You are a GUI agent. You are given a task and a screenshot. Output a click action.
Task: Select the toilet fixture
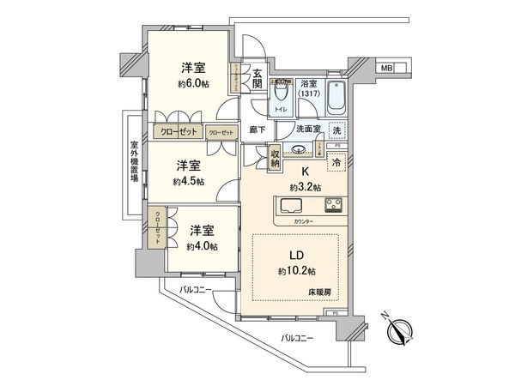(280, 98)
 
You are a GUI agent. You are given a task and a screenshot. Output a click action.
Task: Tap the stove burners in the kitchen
(331, 207)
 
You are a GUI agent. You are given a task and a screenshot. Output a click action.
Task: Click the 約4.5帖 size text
(187, 182)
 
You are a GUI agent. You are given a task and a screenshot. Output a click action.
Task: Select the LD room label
(294, 256)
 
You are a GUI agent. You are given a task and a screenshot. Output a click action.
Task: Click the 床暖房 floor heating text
(321, 293)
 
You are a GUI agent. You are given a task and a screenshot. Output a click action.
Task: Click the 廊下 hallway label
(256, 130)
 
